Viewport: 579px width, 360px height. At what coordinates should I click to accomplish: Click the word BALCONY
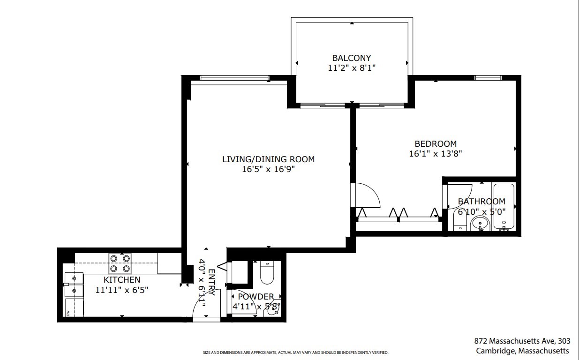(351, 58)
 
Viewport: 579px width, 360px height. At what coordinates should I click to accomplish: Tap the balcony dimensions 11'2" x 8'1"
(351, 68)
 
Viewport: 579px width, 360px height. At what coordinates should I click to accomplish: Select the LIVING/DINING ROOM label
(268, 159)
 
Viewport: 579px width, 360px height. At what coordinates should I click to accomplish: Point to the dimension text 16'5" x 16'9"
(268, 169)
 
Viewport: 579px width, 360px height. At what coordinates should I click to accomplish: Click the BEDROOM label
(435, 144)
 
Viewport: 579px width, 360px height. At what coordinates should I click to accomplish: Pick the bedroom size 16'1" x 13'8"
(435, 153)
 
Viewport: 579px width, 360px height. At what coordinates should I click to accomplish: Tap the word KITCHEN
(121, 280)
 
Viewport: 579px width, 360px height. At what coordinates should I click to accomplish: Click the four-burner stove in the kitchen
(120, 263)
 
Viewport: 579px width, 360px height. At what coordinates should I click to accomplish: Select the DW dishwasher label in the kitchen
(68, 312)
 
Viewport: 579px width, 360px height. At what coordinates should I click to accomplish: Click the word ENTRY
(211, 282)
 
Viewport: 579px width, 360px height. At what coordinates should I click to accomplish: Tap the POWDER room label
(256, 297)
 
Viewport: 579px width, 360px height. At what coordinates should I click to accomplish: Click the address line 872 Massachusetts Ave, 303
(521, 341)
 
